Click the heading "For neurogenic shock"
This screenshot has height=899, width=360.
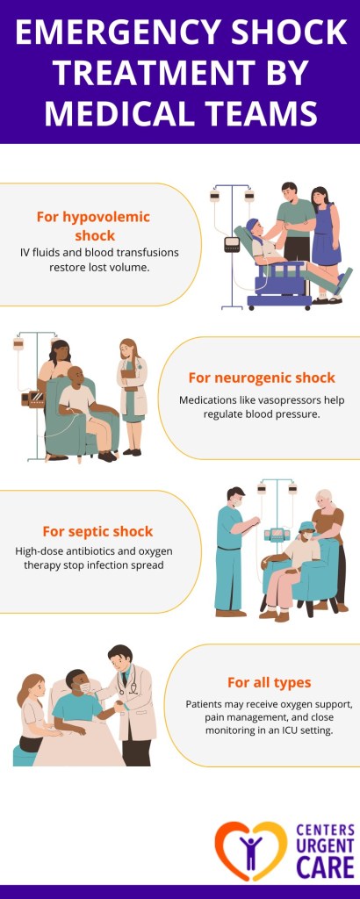[262, 378]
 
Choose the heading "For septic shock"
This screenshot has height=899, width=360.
[97, 531]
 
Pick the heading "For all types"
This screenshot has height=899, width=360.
[269, 682]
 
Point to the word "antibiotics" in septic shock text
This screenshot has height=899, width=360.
[101, 551]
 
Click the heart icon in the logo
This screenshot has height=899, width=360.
[250, 850]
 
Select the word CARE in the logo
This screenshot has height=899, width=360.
[324, 867]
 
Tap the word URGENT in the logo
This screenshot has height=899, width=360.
[324, 846]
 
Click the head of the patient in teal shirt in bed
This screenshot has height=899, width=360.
[76, 681]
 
